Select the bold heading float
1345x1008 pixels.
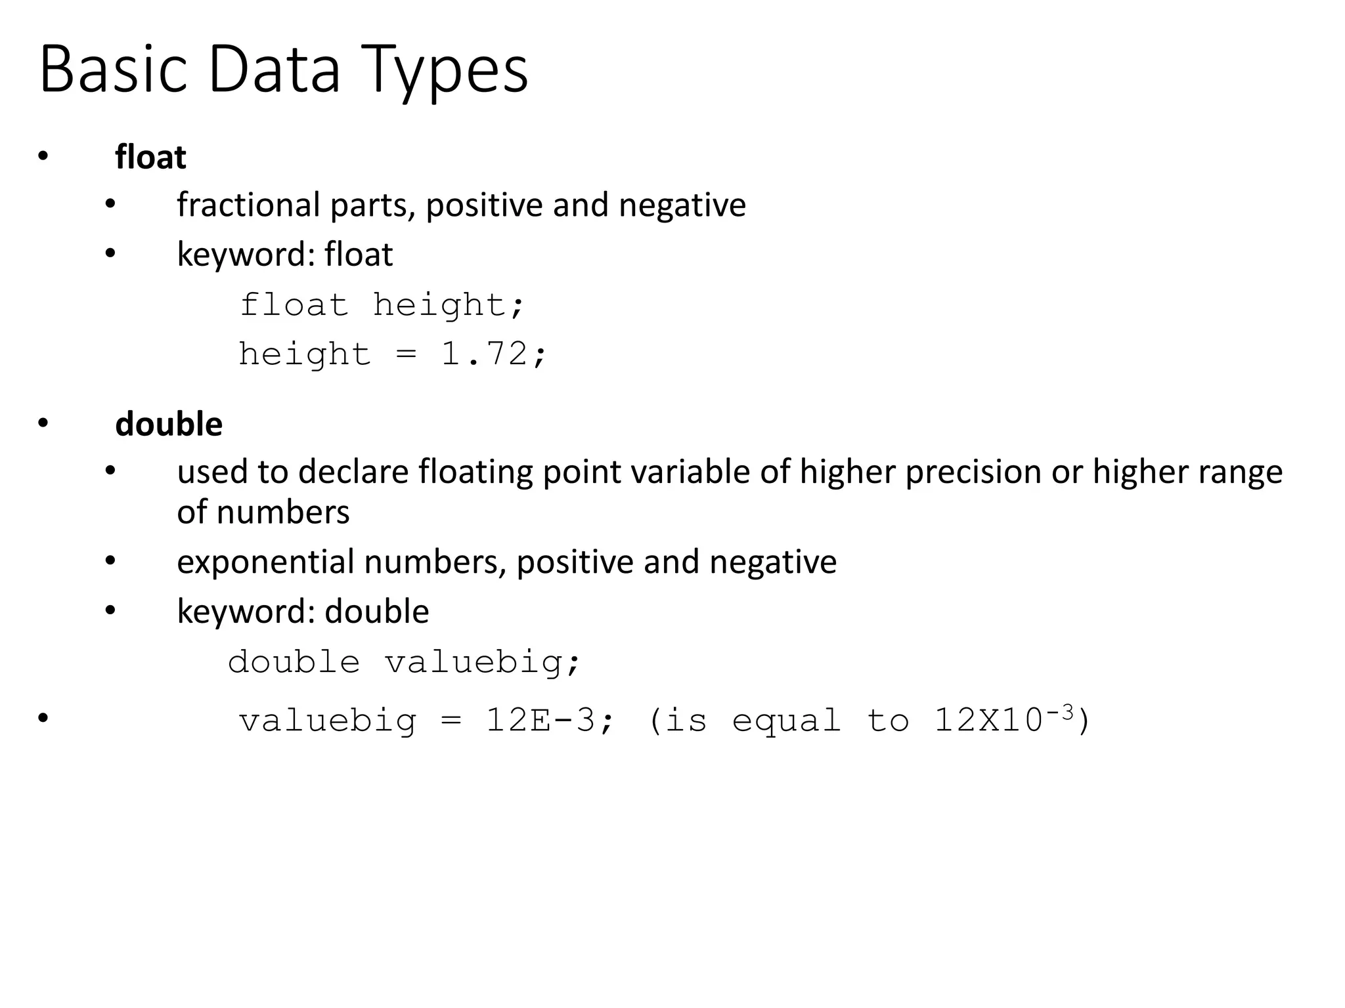[150, 157]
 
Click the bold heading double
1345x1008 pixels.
[169, 424]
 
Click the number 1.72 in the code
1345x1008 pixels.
[484, 354]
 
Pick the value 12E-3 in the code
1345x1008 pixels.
[540, 721]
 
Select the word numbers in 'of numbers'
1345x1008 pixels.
[283, 513]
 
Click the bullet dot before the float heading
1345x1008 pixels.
[43, 156]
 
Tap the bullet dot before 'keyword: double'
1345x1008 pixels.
[110, 611]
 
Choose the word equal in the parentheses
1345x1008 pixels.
[786, 721]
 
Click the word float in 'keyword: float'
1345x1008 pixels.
[359, 255]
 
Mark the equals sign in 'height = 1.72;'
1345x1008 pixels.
[407, 354]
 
